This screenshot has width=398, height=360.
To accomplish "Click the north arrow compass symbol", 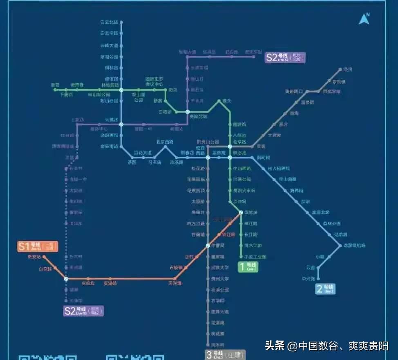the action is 364,19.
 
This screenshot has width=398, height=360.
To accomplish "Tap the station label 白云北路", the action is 109,22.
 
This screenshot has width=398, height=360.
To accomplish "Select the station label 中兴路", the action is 308,279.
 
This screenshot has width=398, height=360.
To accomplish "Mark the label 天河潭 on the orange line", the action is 175,283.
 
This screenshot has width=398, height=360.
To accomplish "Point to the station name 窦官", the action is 55,85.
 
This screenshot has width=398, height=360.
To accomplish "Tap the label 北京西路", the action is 165,142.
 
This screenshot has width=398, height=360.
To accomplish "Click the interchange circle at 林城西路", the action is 121,89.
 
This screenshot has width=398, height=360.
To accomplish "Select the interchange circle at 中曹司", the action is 208,246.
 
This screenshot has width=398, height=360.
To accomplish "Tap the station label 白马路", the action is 45,269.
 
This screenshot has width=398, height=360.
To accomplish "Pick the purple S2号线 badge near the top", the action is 285,58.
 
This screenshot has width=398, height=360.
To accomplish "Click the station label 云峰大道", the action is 109,45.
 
